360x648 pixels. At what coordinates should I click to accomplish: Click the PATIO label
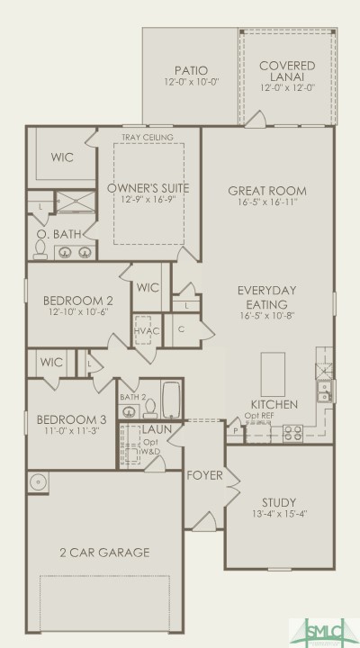click(x=191, y=70)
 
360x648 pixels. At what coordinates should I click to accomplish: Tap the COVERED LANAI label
click(x=286, y=71)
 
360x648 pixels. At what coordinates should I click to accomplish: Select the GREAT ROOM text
click(x=267, y=191)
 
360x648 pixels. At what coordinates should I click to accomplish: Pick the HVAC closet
click(x=144, y=331)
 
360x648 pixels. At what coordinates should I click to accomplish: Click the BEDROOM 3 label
click(x=65, y=418)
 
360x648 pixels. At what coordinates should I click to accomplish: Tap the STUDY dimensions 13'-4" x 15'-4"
click(x=279, y=515)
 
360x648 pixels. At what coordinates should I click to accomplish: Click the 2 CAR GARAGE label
click(x=104, y=553)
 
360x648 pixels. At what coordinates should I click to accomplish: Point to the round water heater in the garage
click(x=38, y=483)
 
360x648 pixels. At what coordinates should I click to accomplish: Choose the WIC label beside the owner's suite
click(x=61, y=157)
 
